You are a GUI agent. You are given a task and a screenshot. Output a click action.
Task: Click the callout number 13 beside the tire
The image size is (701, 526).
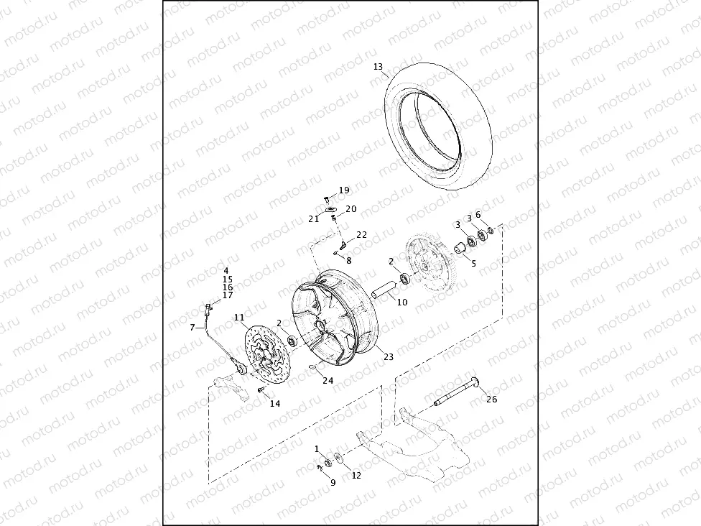379,67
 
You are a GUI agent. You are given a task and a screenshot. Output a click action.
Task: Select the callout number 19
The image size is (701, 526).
344,190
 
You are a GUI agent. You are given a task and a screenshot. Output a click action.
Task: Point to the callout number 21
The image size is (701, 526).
313,218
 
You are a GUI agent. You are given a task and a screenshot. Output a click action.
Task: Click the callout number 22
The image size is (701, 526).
361,235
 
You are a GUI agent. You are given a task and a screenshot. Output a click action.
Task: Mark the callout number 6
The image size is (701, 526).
478,215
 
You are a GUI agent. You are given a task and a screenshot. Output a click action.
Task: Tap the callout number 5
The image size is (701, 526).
473,264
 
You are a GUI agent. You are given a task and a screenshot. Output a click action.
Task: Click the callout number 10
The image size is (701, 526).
401,303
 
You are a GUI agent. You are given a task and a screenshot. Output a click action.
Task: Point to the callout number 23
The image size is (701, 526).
389,356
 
